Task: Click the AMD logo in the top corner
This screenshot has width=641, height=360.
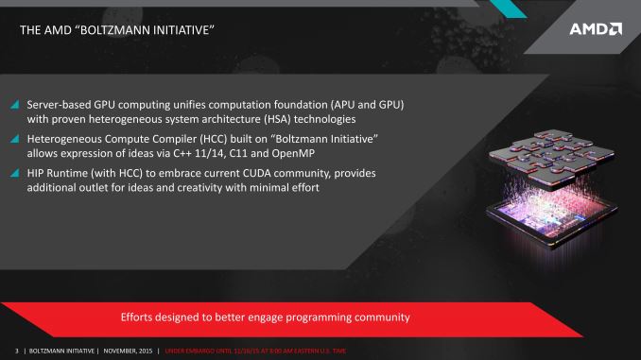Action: click(595, 28)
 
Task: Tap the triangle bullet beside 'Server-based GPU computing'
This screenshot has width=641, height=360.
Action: click(14, 104)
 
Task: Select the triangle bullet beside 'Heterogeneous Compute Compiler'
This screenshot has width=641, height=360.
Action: click(14, 138)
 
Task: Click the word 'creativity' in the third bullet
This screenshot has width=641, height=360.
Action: click(200, 187)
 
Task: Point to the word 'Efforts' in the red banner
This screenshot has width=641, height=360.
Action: click(140, 316)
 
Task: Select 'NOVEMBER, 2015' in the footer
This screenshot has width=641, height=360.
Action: click(129, 351)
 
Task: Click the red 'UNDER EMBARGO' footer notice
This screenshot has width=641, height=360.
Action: click(255, 351)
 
